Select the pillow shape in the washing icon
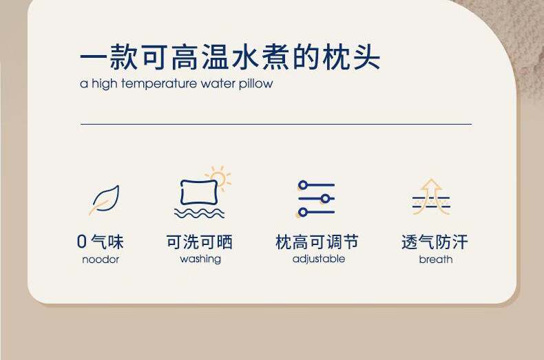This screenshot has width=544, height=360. click(199, 193)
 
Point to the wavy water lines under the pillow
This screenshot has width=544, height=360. click(199, 213)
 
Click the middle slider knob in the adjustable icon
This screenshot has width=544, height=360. click(326, 199)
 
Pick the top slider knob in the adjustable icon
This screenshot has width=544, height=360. click(303, 185)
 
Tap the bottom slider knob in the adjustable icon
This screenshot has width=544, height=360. click(303, 212)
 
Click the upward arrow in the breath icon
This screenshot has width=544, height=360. click(431, 196)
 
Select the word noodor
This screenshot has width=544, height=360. click(101, 260)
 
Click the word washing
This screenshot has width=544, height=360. click(200, 259)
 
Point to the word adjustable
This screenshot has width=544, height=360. click(319, 259)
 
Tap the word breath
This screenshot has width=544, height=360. click(436, 260)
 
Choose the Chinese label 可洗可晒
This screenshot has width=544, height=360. click(199, 242)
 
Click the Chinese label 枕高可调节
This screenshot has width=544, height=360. click(317, 242)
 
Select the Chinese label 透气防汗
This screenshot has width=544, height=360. click(435, 242)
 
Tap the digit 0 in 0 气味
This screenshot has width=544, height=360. click(82, 242)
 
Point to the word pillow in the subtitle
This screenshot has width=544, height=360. click(255, 83)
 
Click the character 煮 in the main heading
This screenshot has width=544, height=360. click(275, 57)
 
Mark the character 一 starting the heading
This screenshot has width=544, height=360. click(94, 57)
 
